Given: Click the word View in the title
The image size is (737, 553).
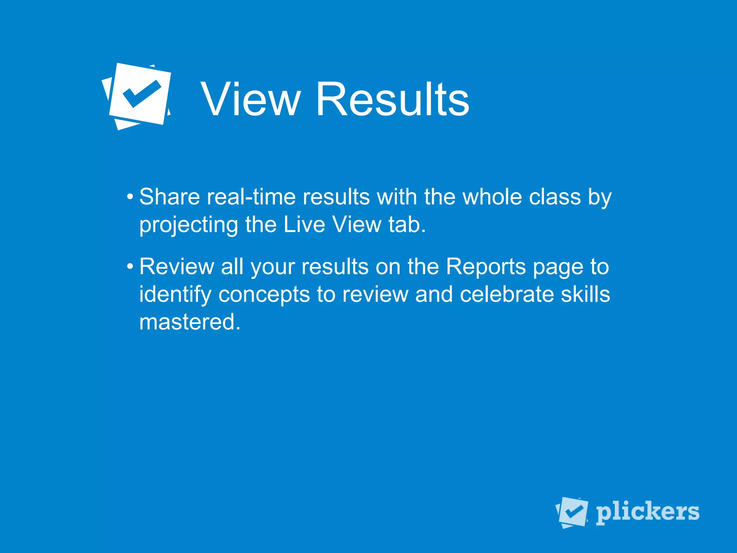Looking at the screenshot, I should [250, 99].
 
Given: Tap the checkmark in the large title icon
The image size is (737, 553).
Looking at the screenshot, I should [141, 94].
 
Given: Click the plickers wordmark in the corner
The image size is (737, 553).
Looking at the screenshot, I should [647, 512].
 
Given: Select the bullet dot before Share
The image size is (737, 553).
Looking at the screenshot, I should [130, 197].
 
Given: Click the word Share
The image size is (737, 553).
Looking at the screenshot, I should [169, 197].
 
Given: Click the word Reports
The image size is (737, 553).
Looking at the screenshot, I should [486, 267].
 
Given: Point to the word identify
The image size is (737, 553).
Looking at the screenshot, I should [175, 295].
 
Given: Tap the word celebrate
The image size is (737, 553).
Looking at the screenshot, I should [507, 294].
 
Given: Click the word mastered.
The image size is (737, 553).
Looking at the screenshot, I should [190, 322].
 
